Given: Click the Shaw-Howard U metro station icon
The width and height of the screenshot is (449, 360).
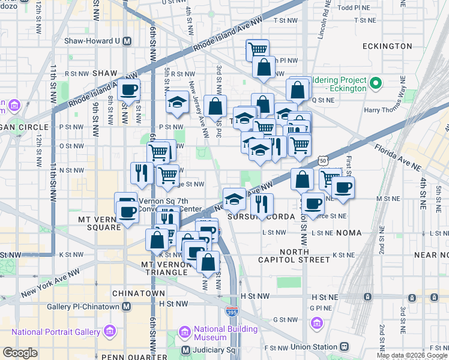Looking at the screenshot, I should [x=127, y=41].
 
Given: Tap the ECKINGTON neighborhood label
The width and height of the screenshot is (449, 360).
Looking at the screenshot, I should [x=387, y=46].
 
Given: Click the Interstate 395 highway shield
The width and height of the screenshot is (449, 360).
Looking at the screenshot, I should [x=232, y=311].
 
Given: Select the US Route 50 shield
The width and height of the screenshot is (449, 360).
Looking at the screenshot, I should [x=323, y=161].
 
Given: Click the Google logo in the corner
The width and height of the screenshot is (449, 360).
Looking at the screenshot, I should [x=20, y=353].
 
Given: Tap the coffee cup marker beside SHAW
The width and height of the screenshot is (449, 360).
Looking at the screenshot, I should [x=129, y=91].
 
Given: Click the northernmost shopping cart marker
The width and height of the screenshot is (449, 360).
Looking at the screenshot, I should [x=258, y=50].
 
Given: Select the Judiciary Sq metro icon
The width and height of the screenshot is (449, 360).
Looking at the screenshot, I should [x=186, y=350].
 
